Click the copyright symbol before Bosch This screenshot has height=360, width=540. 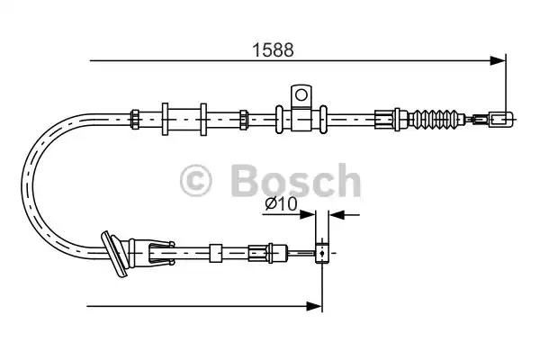point(197,182)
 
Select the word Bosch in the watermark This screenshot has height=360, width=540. point(294,182)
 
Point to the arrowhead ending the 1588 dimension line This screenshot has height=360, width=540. point(498,61)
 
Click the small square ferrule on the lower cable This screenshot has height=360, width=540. point(215,252)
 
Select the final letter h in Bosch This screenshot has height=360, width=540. point(346,182)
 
